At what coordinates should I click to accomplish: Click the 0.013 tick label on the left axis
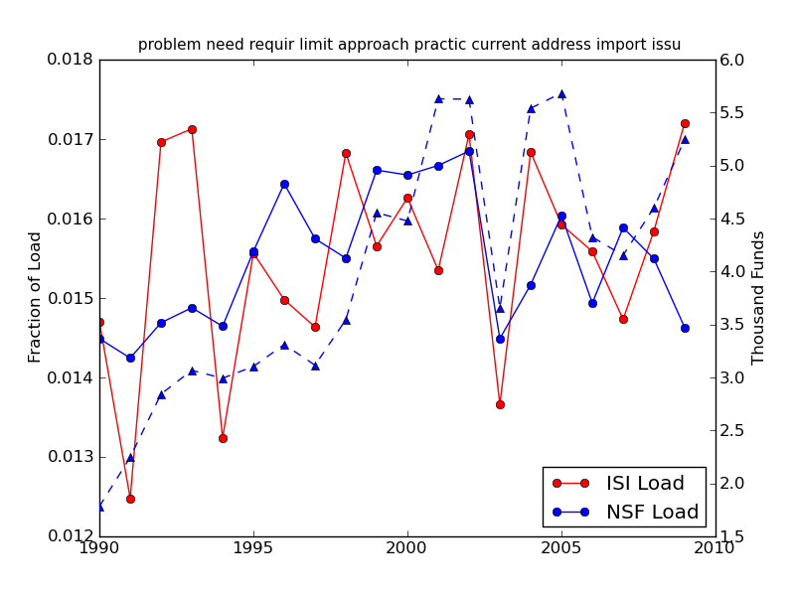pyautogui.click(x=71, y=457)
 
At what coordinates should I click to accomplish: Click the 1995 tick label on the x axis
pyautogui.click(x=253, y=547)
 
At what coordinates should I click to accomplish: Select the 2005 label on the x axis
pyautogui.click(x=561, y=547)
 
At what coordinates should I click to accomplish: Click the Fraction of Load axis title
pyautogui.click(x=36, y=297)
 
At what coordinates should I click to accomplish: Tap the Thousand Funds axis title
pyautogui.click(x=759, y=298)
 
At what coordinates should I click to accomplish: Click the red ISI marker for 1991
pyautogui.click(x=130, y=499)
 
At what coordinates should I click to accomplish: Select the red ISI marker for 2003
pyautogui.click(x=500, y=404)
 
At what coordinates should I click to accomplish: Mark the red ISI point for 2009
pyautogui.click(x=685, y=123)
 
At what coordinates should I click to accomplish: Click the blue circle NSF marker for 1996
pyautogui.click(x=284, y=184)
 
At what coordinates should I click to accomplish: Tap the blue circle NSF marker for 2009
pyautogui.click(x=685, y=328)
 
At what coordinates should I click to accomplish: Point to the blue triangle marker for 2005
pyautogui.click(x=561, y=94)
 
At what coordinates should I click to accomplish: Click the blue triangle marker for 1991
pyautogui.click(x=130, y=457)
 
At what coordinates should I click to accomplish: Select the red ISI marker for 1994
pyautogui.click(x=223, y=438)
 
